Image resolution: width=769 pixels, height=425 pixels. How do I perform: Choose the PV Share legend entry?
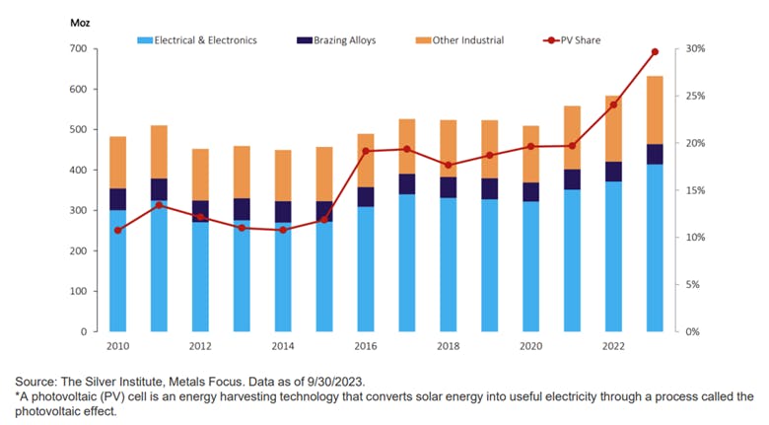[578, 40]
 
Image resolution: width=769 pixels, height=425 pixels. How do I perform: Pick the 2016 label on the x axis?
[366, 346]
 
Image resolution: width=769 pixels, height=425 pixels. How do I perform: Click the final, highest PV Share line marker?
[655, 52]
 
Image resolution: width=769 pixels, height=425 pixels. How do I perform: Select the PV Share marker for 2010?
[117, 230]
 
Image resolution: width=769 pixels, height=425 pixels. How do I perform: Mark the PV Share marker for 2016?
[366, 152]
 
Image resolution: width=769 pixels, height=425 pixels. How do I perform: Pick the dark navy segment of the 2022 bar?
[613, 172]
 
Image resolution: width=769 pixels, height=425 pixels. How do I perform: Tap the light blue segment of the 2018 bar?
[448, 264]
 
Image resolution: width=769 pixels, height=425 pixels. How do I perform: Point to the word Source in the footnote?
[38, 382]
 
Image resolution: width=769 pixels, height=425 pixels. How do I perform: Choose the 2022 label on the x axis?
[613, 346]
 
